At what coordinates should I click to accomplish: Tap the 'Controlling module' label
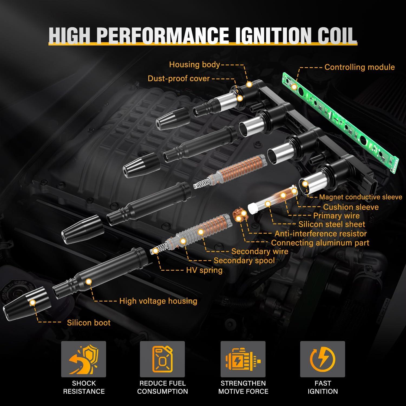tap(359, 67)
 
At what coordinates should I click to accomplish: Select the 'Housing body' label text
tap(194, 65)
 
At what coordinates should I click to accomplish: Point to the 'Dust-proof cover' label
tap(179, 78)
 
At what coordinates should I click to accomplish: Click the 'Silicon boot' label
tap(89, 323)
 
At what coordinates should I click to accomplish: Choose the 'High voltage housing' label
tap(158, 301)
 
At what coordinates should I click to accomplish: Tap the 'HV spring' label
tap(204, 270)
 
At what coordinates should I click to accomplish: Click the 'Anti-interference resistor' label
tap(320, 234)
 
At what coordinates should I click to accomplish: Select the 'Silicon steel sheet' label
tap(332, 224)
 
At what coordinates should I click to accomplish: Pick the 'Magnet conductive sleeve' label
tap(361, 197)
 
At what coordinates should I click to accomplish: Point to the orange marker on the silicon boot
tap(33, 302)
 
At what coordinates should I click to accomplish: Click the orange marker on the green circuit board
tap(294, 86)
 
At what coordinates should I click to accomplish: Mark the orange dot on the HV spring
tap(155, 251)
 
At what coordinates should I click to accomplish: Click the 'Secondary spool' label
tap(244, 261)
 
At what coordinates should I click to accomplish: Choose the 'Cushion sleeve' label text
tap(351, 207)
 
